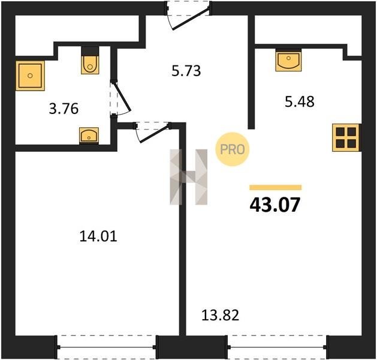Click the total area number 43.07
coord(275,205)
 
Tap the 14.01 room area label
coord(98,236)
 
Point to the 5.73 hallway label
coord(186,71)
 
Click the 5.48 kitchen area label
coord(300,101)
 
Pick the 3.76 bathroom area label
coord(64,109)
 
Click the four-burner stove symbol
coord(346,137)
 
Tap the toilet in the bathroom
coord(90,64)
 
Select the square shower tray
coord(30,76)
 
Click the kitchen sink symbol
coord(288,60)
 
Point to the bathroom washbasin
coord(89,136)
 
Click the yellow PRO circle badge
coord(233,149)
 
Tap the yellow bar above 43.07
coord(275,187)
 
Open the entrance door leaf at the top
coord(191,20)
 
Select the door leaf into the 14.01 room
coord(155,133)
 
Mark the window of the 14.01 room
coord(107,347)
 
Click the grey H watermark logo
coord(188,177)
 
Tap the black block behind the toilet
coord(90,51)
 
